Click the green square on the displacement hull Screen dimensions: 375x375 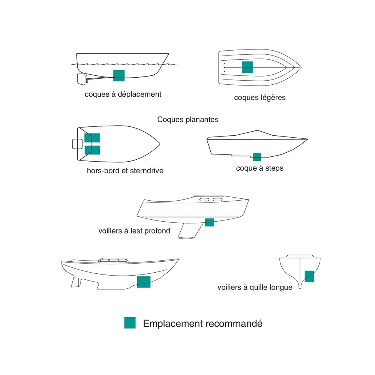pyautogui.click(x=119, y=76)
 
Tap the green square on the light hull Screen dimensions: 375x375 pyautogui.click(x=247, y=67)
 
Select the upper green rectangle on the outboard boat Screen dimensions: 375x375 pyautogui.click(x=92, y=138)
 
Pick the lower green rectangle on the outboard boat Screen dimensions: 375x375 pyautogui.click(x=92, y=150)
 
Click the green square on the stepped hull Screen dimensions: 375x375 pyautogui.click(x=257, y=157)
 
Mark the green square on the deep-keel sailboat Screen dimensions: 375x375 pyautogui.click(x=210, y=222)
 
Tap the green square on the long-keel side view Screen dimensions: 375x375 pyautogui.click(x=144, y=282)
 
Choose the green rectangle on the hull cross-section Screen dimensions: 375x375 pyautogui.click(x=309, y=276)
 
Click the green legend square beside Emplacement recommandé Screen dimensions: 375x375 pyautogui.click(x=130, y=322)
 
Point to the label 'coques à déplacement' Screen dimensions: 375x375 pyautogui.click(x=123, y=94)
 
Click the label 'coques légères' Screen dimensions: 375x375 pyautogui.click(x=260, y=97)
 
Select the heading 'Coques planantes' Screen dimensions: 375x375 pyautogui.click(x=188, y=119)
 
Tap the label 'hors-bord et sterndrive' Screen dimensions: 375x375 pyautogui.click(x=125, y=171)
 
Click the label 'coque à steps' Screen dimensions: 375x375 pyautogui.click(x=260, y=168)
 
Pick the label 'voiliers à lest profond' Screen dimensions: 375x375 pyautogui.click(x=134, y=231)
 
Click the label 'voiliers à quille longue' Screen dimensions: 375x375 pyautogui.click(x=255, y=287)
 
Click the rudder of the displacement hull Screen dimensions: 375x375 pyautogui.click(x=81, y=79)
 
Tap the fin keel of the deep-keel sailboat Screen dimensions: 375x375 pyautogui.click(x=190, y=231)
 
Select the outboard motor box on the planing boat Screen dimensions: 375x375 pyautogui.click(x=78, y=144)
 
